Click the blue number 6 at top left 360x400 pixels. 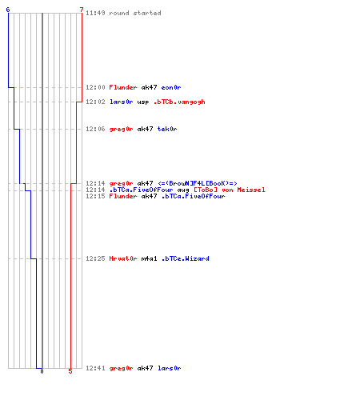coord(8,10)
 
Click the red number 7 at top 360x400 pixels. coord(82,10)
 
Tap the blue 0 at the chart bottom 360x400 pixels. coord(42,371)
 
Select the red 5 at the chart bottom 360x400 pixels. coord(70,371)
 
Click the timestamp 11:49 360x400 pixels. coord(95,13)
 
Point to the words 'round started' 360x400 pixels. coord(135,13)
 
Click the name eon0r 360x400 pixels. coord(171,87)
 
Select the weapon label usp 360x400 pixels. coord(143,102)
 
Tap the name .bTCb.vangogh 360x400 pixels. coord(179,102)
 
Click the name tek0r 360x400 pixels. coord(167,129)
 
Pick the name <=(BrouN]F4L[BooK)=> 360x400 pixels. coord(198,183)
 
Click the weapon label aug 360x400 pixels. coord(183,190)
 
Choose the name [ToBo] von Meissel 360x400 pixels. coord(230,190)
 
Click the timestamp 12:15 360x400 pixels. coord(95,196)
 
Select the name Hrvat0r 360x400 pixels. coord(123,258)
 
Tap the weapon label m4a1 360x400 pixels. coord(150,258)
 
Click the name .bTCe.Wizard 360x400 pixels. coord(186,258)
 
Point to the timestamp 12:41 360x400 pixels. coord(95,368)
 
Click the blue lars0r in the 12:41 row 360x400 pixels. coord(170,368)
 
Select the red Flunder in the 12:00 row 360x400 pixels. coord(123,87)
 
